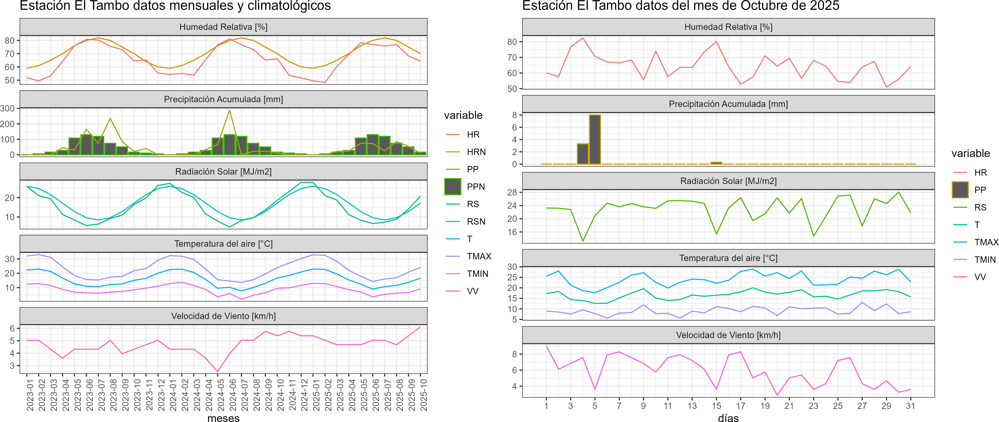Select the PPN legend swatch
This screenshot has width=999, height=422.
[x=453, y=187]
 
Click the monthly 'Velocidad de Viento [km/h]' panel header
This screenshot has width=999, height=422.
[x=223, y=316]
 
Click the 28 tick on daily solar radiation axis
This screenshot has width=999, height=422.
[x=512, y=192]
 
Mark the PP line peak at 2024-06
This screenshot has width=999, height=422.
[x=229, y=110]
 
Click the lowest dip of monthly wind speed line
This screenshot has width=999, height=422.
[x=217, y=371]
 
